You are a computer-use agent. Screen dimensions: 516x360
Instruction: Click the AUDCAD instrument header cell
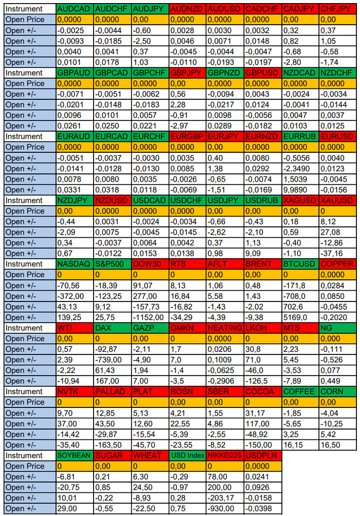tap(75, 9)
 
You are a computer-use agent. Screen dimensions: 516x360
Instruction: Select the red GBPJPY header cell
tap(187, 73)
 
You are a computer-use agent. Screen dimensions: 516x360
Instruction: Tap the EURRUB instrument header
tap(300, 136)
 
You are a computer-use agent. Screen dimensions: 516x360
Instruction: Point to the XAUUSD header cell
tap(337, 200)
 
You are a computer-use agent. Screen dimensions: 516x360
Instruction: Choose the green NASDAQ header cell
tap(75, 264)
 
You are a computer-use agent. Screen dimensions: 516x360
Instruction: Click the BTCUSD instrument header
tap(300, 264)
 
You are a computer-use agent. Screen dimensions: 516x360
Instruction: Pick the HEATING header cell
tap(225, 328)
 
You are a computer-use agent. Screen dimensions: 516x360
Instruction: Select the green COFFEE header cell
tap(300, 392)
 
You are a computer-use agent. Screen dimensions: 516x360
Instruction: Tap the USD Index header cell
tap(187, 455)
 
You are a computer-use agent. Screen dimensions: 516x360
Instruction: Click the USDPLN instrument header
tap(262, 455)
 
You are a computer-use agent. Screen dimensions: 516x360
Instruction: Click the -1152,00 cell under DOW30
tap(149, 317)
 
